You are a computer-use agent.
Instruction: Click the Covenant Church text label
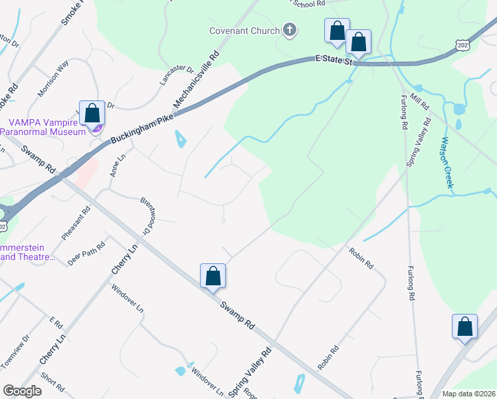coord(243,31)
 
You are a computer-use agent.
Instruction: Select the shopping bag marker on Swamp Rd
coord(213,276)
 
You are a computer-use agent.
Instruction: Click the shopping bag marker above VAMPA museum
coord(92,113)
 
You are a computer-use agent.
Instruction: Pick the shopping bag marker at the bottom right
coord(464,327)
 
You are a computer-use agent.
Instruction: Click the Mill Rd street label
coord(420,102)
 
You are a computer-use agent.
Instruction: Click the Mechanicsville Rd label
coord(197,82)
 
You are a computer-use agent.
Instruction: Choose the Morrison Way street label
coord(54,78)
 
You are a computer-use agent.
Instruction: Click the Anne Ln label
coord(117,166)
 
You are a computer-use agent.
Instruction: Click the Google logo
coord(22,391)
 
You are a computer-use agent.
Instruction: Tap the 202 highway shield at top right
coord(463,43)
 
